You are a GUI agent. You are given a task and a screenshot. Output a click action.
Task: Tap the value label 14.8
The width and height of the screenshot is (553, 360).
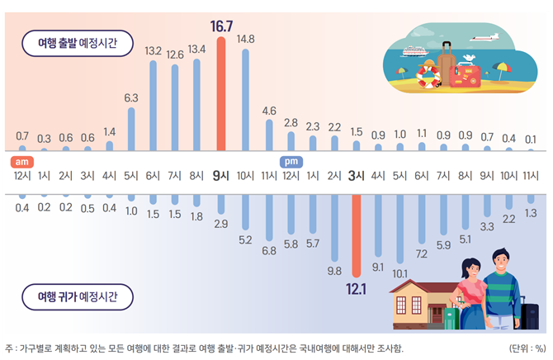pos(245,39)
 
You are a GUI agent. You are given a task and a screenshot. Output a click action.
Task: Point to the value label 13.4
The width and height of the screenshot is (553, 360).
pos(196,49)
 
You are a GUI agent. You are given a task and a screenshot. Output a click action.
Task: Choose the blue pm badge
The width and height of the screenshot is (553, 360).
pos(291,162)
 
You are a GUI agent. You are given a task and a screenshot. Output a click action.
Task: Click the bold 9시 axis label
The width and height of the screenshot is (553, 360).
pos(220,175)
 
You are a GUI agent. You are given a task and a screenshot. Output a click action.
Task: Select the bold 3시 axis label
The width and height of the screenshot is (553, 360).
pos(357,175)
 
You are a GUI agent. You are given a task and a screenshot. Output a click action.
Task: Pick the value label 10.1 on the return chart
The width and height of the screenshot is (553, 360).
pos(399,273)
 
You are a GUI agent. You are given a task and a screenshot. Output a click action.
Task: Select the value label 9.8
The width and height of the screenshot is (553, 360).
pos(334,270)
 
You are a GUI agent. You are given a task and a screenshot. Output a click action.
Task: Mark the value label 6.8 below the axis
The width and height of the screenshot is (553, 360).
pos(269,250)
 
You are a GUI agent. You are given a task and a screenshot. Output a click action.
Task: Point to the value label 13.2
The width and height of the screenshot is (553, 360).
pos(154,50)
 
